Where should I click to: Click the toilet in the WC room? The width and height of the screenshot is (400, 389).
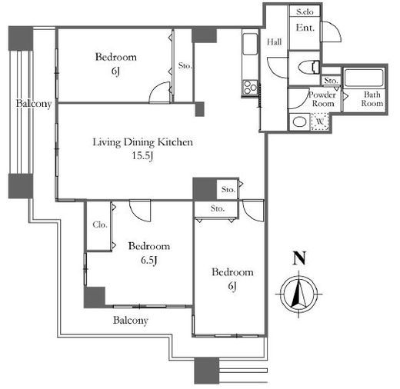[309, 67]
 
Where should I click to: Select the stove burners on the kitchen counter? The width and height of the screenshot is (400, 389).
[250, 88]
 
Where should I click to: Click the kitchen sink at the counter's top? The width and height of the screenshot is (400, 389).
[250, 44]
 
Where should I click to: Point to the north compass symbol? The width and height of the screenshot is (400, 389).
[298, 294]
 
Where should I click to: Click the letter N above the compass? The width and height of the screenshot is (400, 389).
[299, 258]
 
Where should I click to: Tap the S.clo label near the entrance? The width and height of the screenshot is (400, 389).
[305, 12]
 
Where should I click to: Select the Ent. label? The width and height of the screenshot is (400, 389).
[305, 28]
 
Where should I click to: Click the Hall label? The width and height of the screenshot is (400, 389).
[274, 42]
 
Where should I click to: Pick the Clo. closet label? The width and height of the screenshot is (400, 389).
[100, 224]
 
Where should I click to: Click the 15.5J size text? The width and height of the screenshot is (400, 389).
[142, 156]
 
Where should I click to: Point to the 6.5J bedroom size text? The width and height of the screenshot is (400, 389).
[149, 260]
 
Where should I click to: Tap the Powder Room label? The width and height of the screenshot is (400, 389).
[322, 99]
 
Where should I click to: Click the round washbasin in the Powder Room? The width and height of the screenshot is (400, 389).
[299, 121]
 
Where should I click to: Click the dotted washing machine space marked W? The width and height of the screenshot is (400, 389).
[320, 121]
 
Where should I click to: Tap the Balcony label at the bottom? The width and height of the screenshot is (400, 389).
[131, 321]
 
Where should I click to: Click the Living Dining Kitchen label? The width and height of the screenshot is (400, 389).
[142, 142]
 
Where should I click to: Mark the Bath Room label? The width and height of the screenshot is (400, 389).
[372, 99]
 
